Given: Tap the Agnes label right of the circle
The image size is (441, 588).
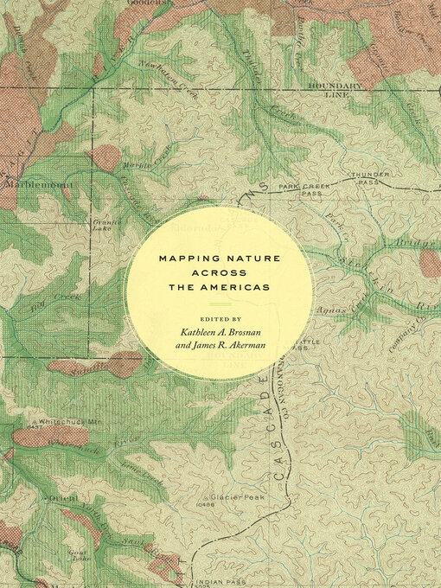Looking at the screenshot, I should pos(332,308).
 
